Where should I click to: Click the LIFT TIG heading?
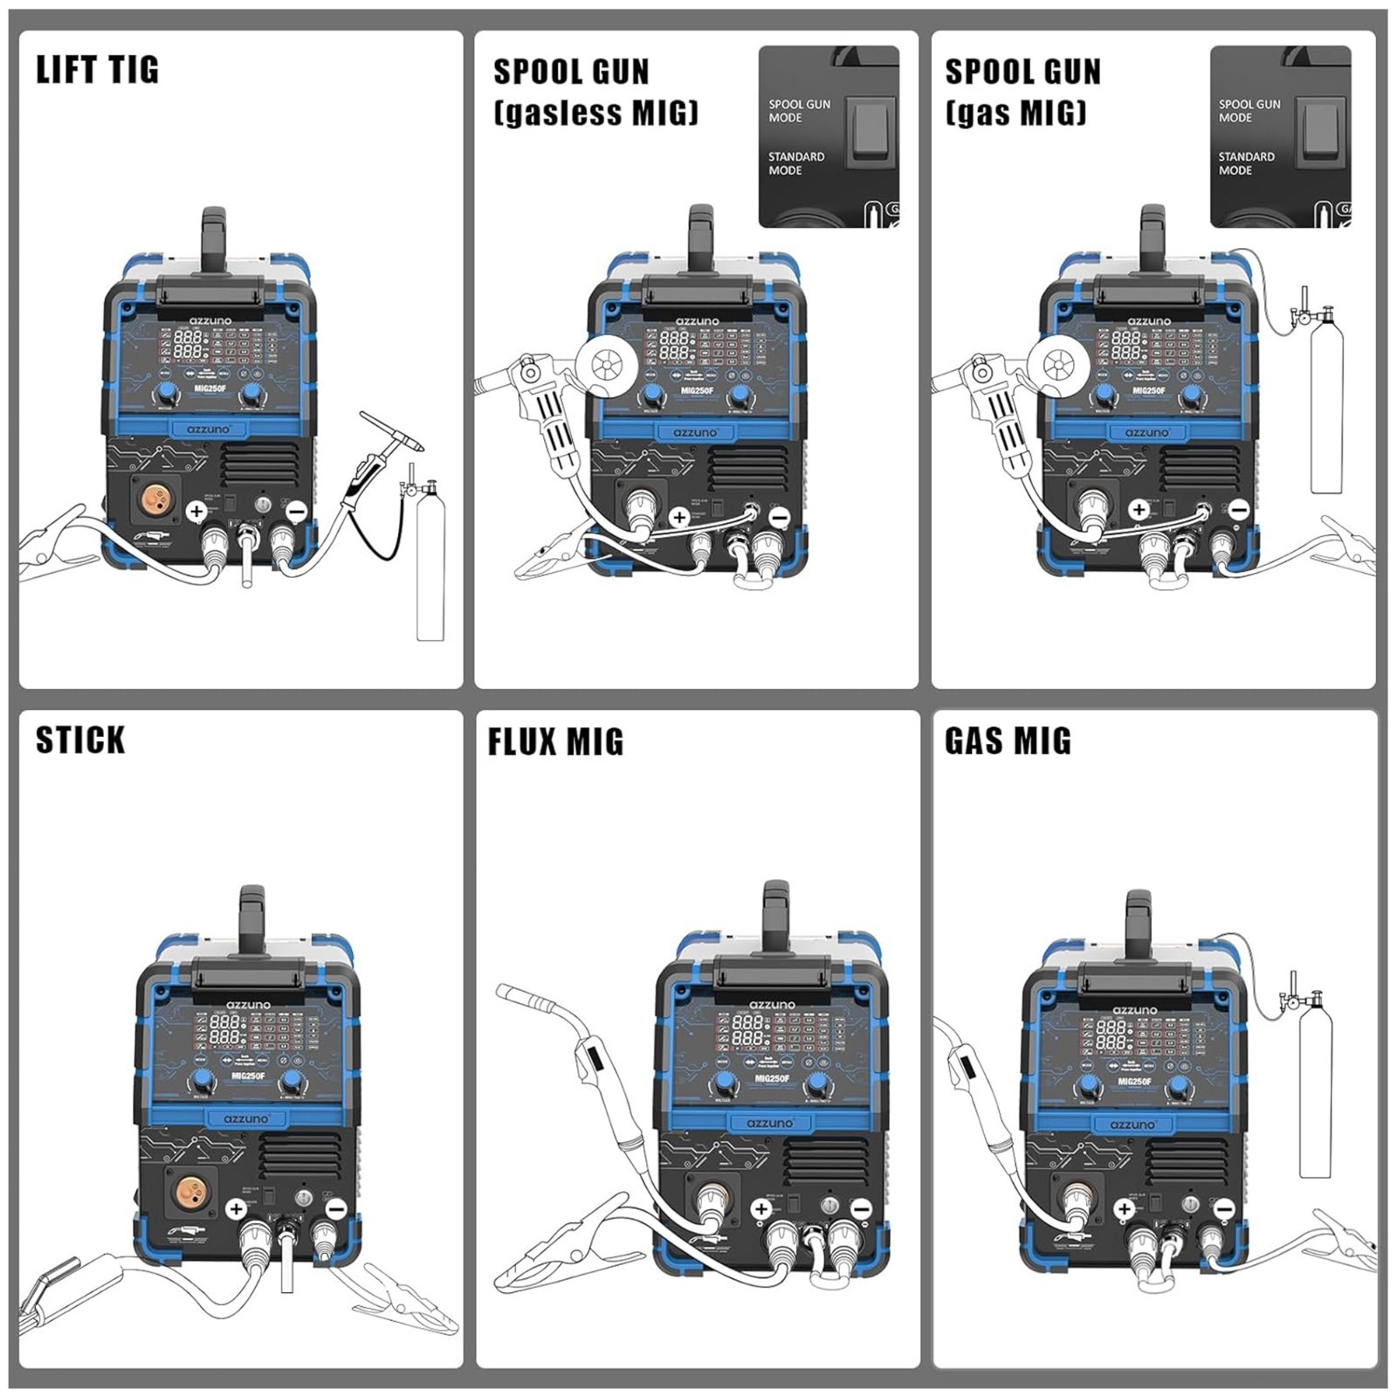pos(97,70)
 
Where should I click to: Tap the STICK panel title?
pos(80,740)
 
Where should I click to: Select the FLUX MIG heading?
pos(555,741)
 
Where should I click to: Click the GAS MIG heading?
pos(1008,740)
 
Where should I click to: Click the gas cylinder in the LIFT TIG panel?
pos(430,568)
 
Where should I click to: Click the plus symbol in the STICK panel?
pos(236,1208)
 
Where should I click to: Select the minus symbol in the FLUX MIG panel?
pos(861,1208)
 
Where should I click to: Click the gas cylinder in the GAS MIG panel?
pos(1315,1091)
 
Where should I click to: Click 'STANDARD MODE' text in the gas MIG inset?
pos(1246,163)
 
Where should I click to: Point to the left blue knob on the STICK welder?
pos(202,1081)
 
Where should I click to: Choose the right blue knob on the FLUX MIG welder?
pos(816,1084)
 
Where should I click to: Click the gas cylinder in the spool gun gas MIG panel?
pos(1327,410)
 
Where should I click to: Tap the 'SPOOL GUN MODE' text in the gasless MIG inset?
pos(799,111)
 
